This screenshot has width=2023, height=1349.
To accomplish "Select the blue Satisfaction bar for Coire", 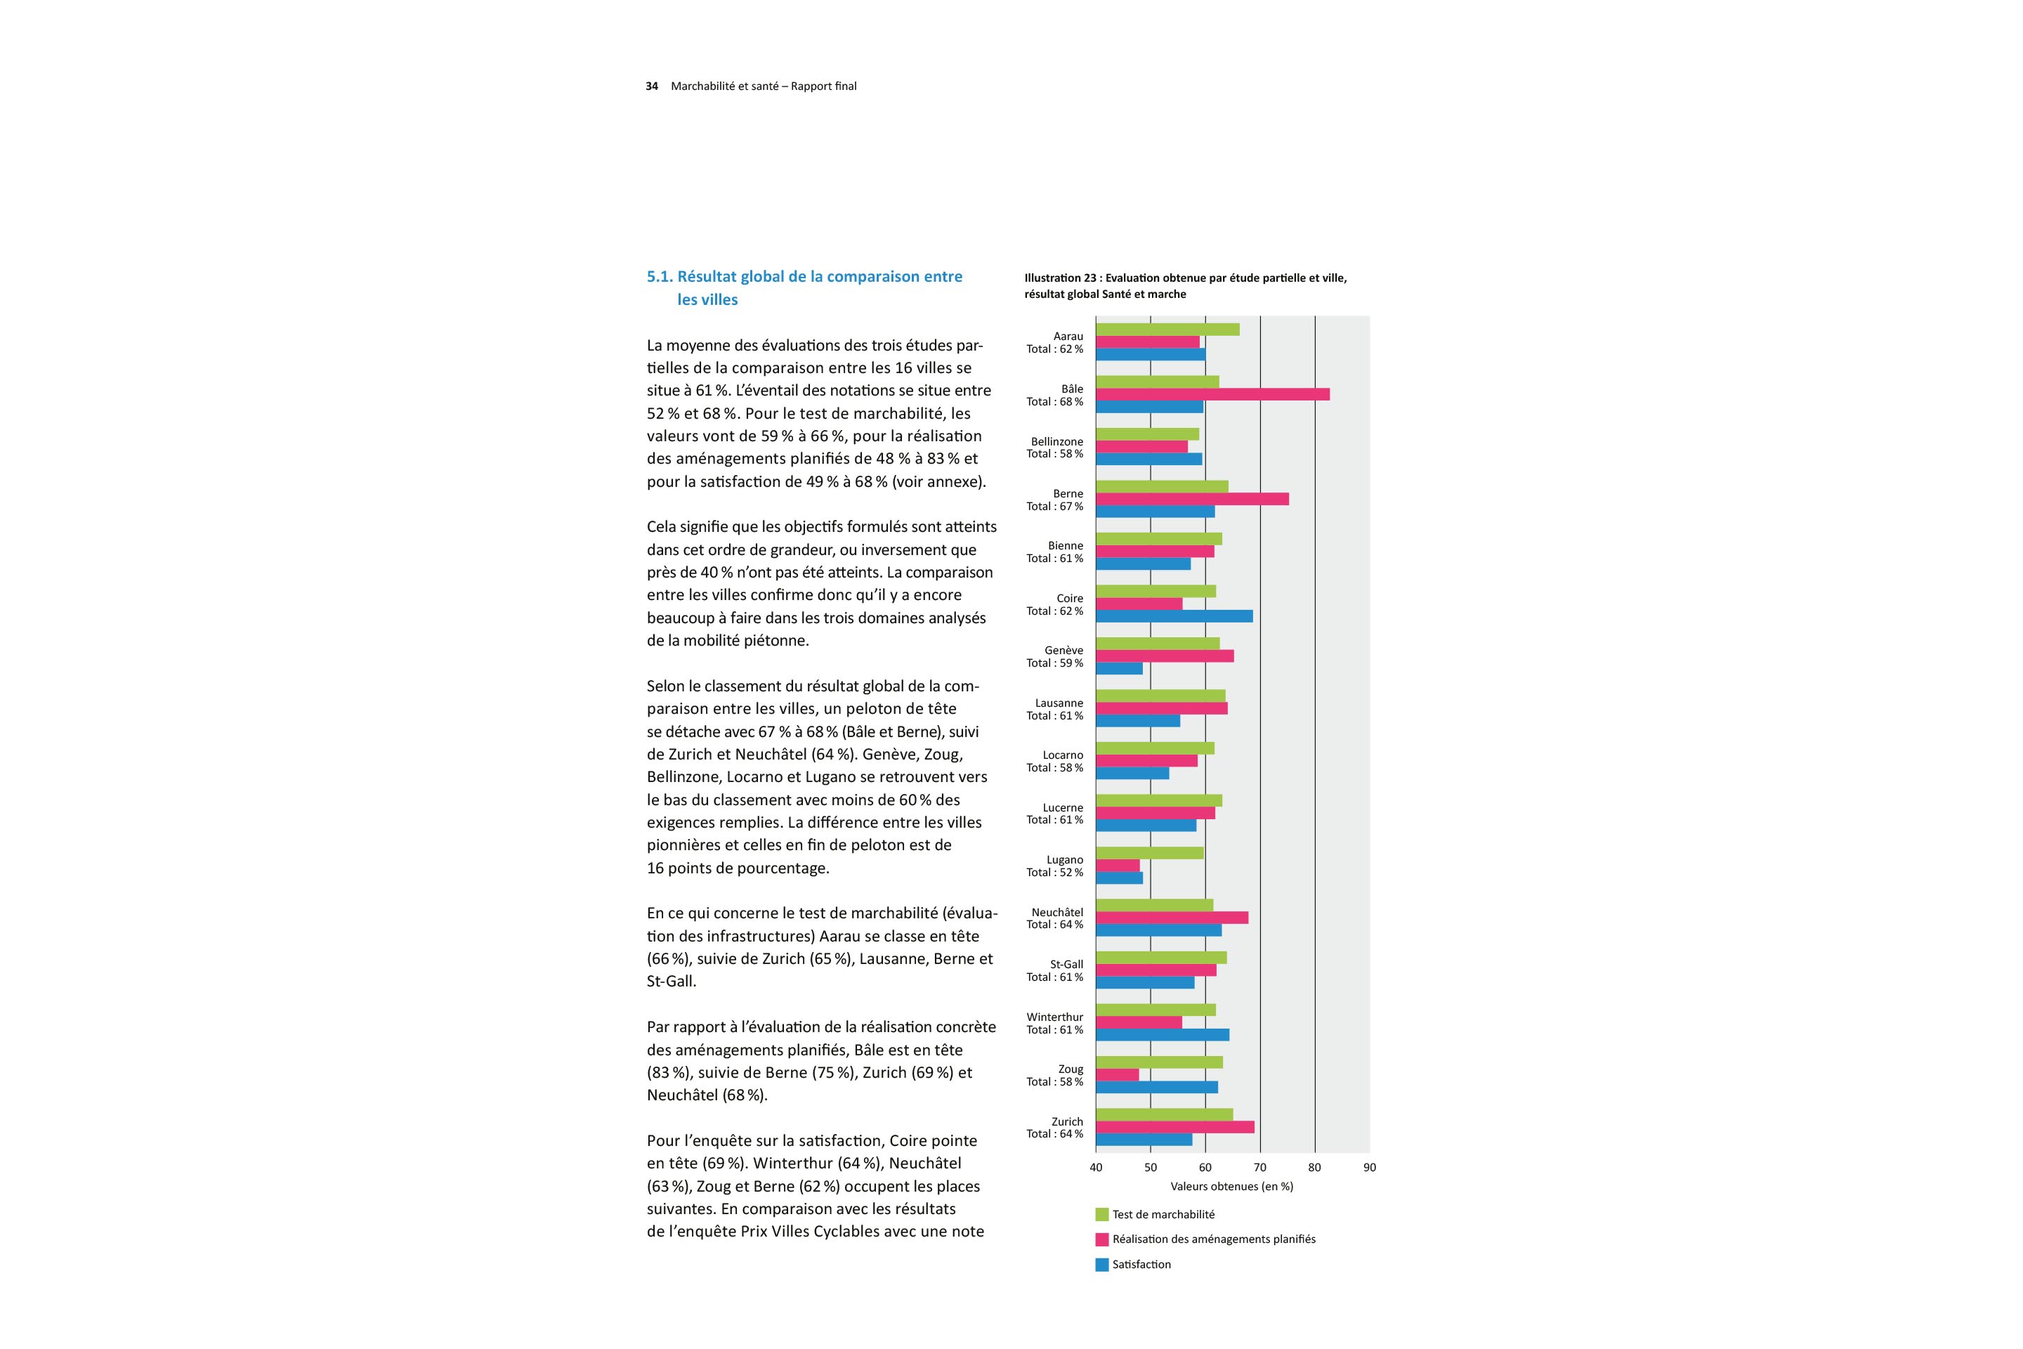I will [x=1174, y=616].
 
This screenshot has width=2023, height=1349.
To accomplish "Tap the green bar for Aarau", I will [x=1167, y=330].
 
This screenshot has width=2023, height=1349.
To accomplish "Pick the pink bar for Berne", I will [x=1192, y=499].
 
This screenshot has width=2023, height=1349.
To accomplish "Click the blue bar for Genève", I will [x=1119, y=668].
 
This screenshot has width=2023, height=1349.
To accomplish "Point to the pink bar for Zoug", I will [x=1118, y=1074].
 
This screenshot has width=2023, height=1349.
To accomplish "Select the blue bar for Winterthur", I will [x=1162, y=1035].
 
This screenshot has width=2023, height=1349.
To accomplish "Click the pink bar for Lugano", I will [x=1118, y=866].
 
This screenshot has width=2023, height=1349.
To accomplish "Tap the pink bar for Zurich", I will [x=1175, y=1127].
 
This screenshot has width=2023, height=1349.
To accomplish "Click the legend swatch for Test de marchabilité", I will [x=1102, y=1215].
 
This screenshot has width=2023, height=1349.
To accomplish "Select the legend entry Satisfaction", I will [x=1141, y=1265].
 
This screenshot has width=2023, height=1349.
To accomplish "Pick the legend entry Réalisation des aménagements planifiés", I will [x=1213, y=1239].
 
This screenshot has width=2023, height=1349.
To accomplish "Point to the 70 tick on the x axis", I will [x=1260, y=1168].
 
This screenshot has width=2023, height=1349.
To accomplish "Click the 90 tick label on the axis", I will [x=1369, y=1168].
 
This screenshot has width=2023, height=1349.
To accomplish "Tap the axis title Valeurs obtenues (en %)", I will [x=1231, y=1187].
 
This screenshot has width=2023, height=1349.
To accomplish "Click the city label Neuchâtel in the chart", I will [x=1057, y=912].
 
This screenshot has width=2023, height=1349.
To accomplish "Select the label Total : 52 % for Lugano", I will [x=1054, y=873].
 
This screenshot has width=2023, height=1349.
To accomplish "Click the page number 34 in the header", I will [x=652, y=86].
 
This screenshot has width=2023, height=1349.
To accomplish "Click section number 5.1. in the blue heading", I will [x=660, y=277].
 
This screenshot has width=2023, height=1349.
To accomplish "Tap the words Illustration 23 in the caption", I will [x=1060, y=278].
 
